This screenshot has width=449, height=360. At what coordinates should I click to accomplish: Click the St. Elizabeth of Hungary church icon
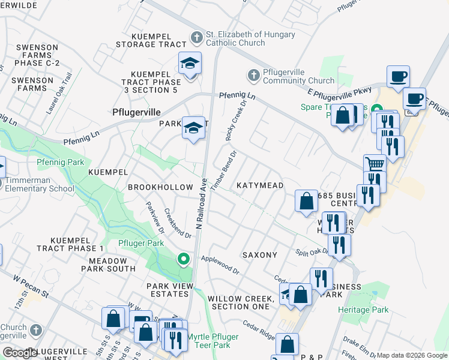point(196,37)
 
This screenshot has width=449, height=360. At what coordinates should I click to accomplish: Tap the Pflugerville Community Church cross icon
point(253,75)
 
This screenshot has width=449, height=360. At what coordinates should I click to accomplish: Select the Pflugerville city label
point(137,112)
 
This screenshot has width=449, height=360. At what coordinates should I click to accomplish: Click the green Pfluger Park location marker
point(183,259)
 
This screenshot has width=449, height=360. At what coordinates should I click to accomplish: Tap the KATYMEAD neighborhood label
point(259,186)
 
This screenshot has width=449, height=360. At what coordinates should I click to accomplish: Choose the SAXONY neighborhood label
point(260,255)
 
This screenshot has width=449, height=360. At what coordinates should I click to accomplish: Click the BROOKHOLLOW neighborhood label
point(160,187)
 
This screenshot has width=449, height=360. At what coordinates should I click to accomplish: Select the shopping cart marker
point(375,163)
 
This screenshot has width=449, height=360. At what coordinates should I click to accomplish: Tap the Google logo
point(20,353)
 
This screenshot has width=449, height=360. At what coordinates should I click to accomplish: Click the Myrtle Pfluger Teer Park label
point(212,341)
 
